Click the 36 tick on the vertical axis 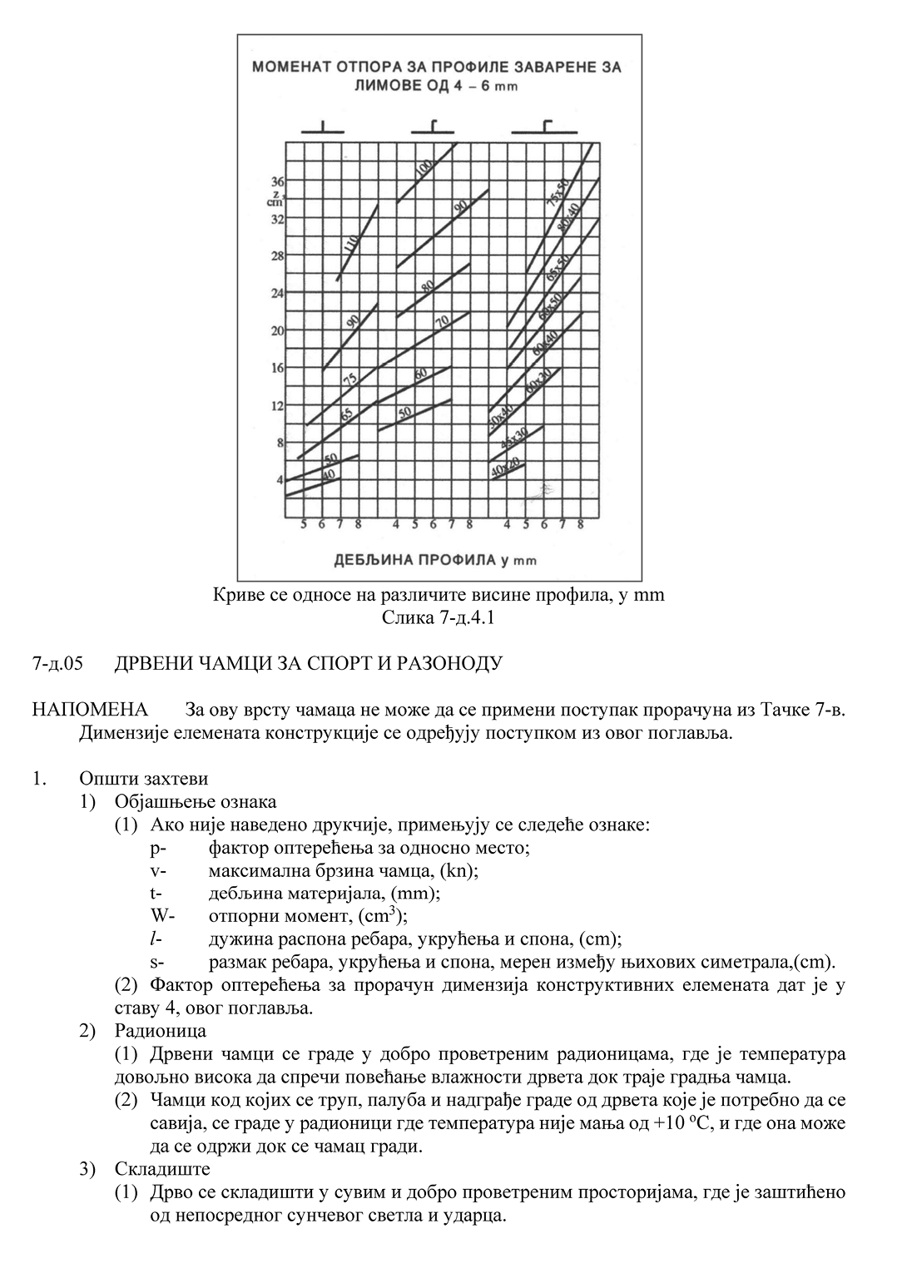[277, 181]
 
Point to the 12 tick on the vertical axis [277, 405]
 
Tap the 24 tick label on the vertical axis [277, 293]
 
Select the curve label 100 [424, 168]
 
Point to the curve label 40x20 [504, 467]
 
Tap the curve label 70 [442, 321]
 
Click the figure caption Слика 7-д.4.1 [439, 617]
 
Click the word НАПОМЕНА [89, 710]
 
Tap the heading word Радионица [161, 1031]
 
